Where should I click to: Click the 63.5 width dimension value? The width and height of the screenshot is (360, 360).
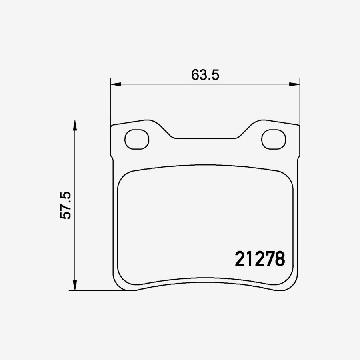pos(206,75)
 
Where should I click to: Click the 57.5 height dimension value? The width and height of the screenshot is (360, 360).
pos(66,205)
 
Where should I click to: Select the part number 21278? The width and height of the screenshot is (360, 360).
pos(260,259)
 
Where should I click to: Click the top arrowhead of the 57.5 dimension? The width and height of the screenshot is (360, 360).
pos(74,125)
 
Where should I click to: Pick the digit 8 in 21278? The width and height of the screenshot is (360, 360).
pos(280,259)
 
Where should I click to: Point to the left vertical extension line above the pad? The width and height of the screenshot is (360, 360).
pos(110,100)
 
